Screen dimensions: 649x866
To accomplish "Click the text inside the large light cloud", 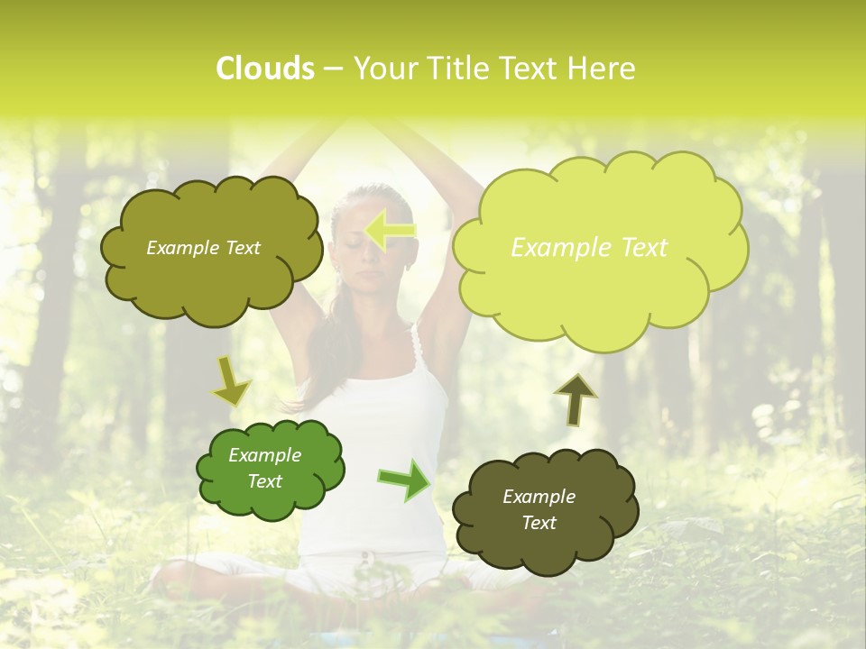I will pyautogui.click(x=589, y=247).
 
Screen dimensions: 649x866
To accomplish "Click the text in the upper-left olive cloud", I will pyautogui.click(x=203, y=248).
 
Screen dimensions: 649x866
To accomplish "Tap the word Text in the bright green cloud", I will pyautogui.click(x=264, y=481).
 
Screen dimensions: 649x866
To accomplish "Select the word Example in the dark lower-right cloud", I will pyautogui.click(x=539, y=497).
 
